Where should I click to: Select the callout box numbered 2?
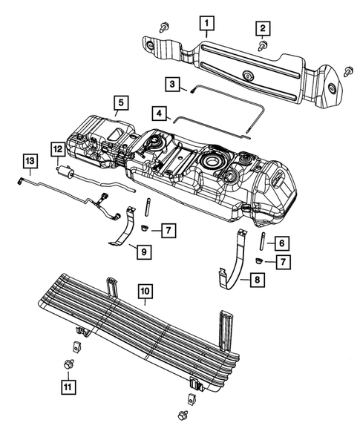261,28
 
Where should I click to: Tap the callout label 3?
173,85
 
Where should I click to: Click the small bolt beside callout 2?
263,45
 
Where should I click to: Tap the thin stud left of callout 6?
263,241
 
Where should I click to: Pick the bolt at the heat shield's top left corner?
163,27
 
